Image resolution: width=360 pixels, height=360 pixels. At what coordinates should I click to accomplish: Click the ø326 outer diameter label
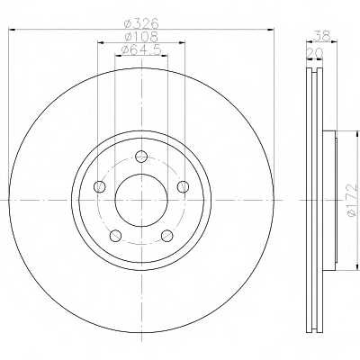tap(141, 22)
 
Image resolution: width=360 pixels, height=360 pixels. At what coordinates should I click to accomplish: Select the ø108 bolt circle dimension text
tap(141, 37)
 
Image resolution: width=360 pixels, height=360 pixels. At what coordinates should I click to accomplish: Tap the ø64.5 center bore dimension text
tap(140, 49)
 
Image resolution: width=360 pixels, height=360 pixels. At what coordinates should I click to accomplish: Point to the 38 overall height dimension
tap(321, 36)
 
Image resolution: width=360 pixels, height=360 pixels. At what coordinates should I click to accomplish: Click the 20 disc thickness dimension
tap(314, 53)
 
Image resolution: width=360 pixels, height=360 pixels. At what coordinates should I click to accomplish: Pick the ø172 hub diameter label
tap(353, 200)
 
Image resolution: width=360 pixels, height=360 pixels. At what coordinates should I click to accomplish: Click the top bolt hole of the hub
tap(141, 157)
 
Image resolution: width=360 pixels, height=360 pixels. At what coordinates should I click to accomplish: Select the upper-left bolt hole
tap(100, 187)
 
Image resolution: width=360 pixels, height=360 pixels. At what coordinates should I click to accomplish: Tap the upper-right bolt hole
tap(183, 187)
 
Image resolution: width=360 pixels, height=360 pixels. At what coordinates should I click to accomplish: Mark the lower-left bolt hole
tap(115, 236)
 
